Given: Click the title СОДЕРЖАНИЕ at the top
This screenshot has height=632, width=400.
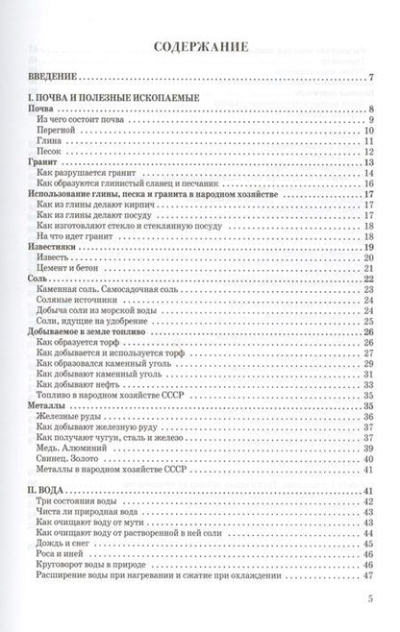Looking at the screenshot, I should tap(200, 44).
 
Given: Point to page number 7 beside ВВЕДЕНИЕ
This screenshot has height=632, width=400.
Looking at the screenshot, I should tap(370, 78).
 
